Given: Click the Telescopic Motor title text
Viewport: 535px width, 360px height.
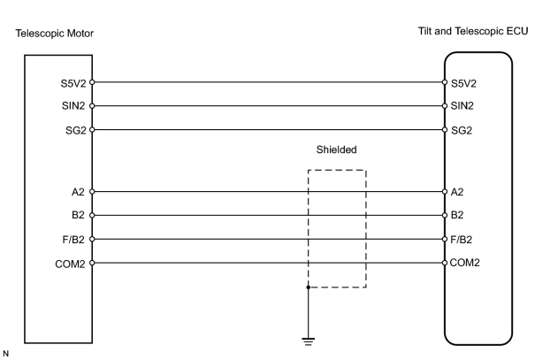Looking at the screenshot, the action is tap(54, 34).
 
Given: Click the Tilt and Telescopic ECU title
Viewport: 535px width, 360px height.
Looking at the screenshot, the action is tap(473, 31).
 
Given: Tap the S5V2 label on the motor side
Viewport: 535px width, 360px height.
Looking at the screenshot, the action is tap(73, 84).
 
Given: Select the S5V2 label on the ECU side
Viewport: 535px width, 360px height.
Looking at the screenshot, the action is tap(463, 84).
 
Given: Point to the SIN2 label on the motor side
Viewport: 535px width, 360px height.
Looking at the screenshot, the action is tap(73, 106).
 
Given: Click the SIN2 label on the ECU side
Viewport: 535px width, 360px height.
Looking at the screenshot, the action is tap(462, 106).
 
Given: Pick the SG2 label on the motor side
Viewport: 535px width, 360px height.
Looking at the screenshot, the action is tap(76, 130).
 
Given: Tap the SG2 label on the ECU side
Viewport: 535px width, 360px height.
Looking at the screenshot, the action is tap(462, 130).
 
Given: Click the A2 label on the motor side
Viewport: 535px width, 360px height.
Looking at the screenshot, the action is tap(78, 192).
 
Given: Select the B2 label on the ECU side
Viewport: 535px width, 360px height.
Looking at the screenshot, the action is tap(457, 215).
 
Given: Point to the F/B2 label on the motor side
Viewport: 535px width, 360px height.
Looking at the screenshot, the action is tap(73, 240).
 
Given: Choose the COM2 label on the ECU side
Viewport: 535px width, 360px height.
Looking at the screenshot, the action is tap(465, 263).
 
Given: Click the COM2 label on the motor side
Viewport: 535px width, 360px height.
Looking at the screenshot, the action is tap(70, 264).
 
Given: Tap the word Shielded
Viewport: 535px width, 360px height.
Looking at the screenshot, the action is tap(336, 149).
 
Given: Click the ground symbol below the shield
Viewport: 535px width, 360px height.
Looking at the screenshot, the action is tap(308, 341).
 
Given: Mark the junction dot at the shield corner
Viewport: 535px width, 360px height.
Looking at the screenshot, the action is tap(308, 287).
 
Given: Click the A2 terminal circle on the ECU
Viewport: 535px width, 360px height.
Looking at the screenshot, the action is tap(445, 192).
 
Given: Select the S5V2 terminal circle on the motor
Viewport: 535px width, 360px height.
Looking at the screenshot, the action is tap(92, 82).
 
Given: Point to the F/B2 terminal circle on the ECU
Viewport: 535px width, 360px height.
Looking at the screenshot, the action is tap(445, 239).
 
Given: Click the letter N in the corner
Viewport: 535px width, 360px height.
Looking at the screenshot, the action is tap(5, 354).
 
